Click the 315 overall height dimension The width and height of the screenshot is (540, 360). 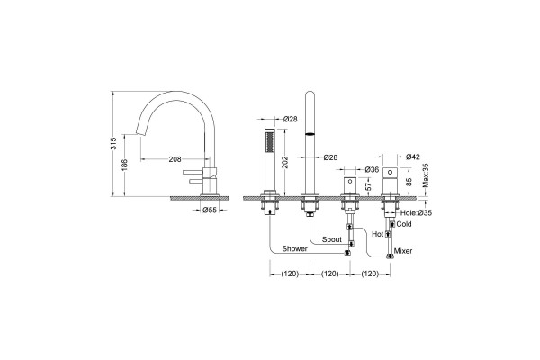pyautogui.click(x=114, y=143)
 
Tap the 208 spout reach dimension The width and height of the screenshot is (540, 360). pyautogui.click(x=175, y=159)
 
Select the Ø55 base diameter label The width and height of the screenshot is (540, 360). pyautogui.click(x=210, y=210)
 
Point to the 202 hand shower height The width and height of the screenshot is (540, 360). pyautogui.click(x=285, y=162)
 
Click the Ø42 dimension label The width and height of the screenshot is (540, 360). pyautogui.click(x=413, y=157)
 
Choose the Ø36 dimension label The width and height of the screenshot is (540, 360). pyautogui.click(x=372, y=169)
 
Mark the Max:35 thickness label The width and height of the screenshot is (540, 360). pyautogui.click(x=426, y=175)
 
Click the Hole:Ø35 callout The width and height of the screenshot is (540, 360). pyautogui.click(x=416, y=213)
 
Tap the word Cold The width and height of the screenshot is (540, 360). pyautogui.click(x=404, y=224)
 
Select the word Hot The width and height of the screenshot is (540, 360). pyautogui.click(x=378, y=234)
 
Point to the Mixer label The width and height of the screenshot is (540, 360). pyautogui.click(x=403, y=251)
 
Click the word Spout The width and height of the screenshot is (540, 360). pyautogui.click(x=332, y=239)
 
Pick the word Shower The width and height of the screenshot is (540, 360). pyautogui.click(x=295, y=248)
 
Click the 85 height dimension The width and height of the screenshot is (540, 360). pyautogui.click(x=409, y=182)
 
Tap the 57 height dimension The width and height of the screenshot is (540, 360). pyautogui.click(x=369, y=186)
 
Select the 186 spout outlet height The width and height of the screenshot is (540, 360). pyautogui.click(x=125, y=165)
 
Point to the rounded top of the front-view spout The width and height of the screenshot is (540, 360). pyautogui.click(x=310, y=94)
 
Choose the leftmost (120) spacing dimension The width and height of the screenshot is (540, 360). pyautogui.click(x=290, y=274)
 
